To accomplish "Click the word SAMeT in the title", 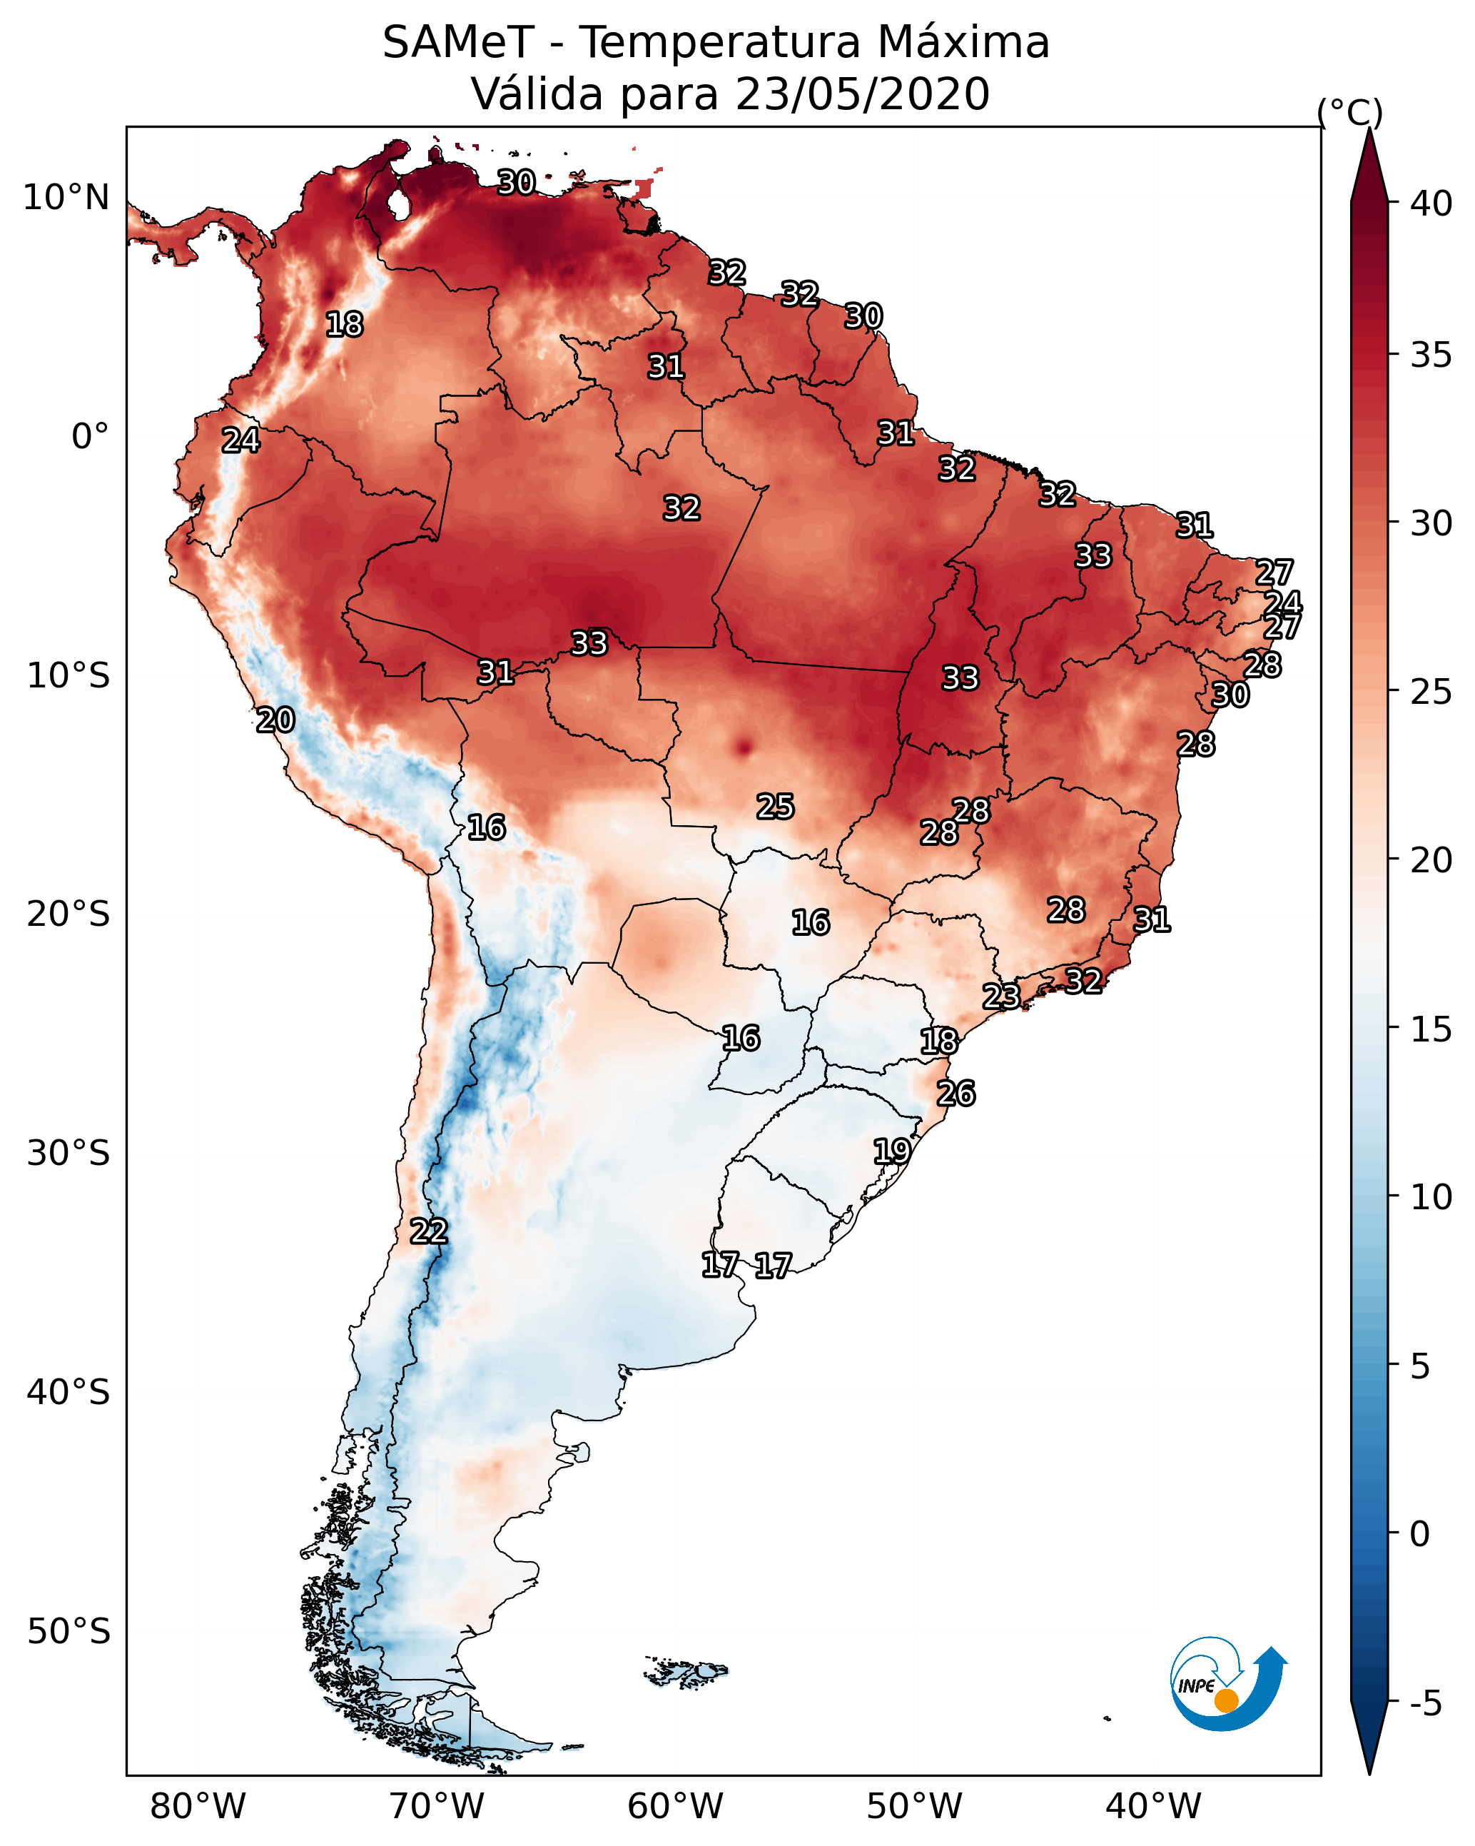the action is (x=458, y=42).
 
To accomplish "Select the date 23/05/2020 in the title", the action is (x=862, y=94).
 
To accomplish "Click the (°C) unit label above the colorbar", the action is (x=1349, y=112).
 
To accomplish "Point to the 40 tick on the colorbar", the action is (x=1431, y=203).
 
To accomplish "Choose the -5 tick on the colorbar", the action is (x=1426, y=1704).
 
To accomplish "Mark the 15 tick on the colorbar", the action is (x=1431, y=1029).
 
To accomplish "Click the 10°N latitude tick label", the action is (x=66, y=198).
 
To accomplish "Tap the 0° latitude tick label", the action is (x=91, y=436).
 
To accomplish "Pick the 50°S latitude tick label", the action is (x=69, y=1632).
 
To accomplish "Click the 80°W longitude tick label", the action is (x=198, y=1807).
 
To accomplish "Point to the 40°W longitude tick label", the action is (x=1153, y=1807).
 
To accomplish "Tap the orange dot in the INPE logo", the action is (x=1226, y=1700).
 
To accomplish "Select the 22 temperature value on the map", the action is (x=429, y=1231).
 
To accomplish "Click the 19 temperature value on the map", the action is (x=891, y=1151).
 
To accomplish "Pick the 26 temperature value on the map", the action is (x=956, y=1094).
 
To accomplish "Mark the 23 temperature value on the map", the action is (x=1000, y=996).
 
